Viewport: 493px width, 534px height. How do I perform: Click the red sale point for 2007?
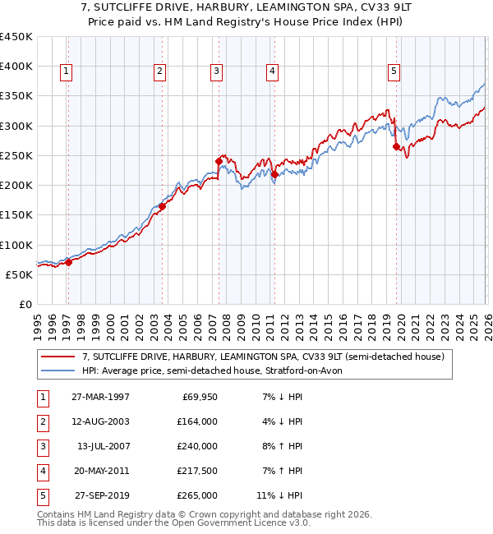pyautogui.click(x=219, y=161)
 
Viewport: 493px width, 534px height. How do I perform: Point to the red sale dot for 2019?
pyautogui.click(x=396, y=146)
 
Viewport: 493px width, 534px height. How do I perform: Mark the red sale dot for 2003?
pyautogui.click(x=162, y=207)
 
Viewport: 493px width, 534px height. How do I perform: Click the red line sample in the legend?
pyautogui.click(x=58, y=357)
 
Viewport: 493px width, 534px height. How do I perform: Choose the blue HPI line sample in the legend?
pyautogui.click(x=58, y=371)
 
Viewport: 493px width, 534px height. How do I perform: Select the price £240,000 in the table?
pyautogui.click(x=198, y=446)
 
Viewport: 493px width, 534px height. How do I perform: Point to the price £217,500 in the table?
pyautogui.click(x=198, y=471)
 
